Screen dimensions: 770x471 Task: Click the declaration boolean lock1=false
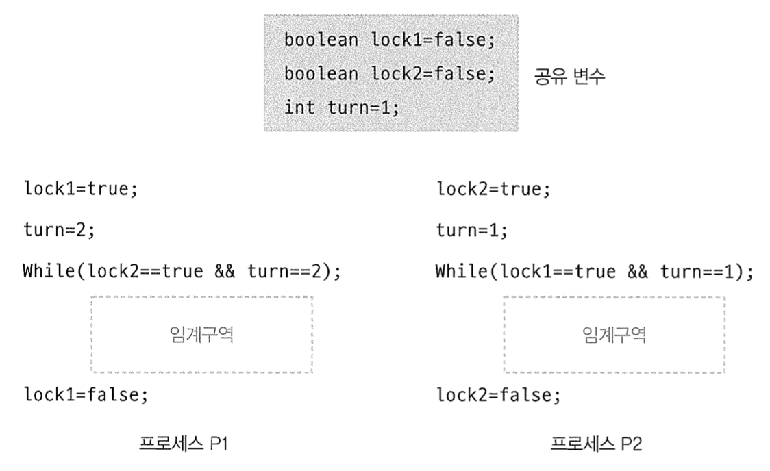[388, 40]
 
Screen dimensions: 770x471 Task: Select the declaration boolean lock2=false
[388, 73]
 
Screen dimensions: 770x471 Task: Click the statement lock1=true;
[80, 189]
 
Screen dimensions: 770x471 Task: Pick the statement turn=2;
[59, 230]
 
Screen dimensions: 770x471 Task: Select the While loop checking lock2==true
[182, 271]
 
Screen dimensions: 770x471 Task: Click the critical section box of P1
[201, 335]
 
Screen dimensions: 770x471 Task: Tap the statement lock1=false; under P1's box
[85, 395]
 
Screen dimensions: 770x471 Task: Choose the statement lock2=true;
[493, 189]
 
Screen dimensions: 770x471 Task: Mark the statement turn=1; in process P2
[472, 230]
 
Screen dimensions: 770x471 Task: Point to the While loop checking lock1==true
[594, 271]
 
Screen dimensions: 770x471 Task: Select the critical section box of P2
[614, 335]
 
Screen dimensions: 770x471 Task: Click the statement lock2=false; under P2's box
[498, 395]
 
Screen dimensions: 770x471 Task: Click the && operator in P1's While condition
[225, 271]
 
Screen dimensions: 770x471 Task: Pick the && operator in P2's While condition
[637, 271]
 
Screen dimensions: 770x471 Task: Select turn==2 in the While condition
[286, 271]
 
